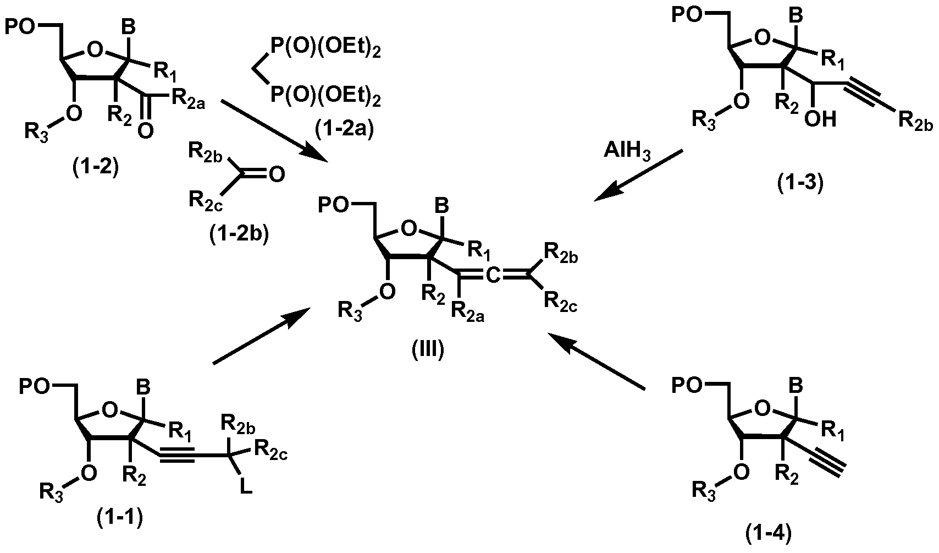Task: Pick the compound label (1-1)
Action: (120, 517)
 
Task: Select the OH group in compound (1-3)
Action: (820, 119)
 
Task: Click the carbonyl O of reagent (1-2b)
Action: (277, 175)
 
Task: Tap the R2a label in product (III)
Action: (467, 313)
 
